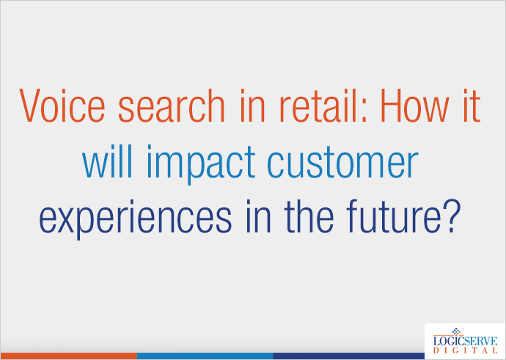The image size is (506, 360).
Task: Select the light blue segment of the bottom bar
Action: [x=205, y=356]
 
